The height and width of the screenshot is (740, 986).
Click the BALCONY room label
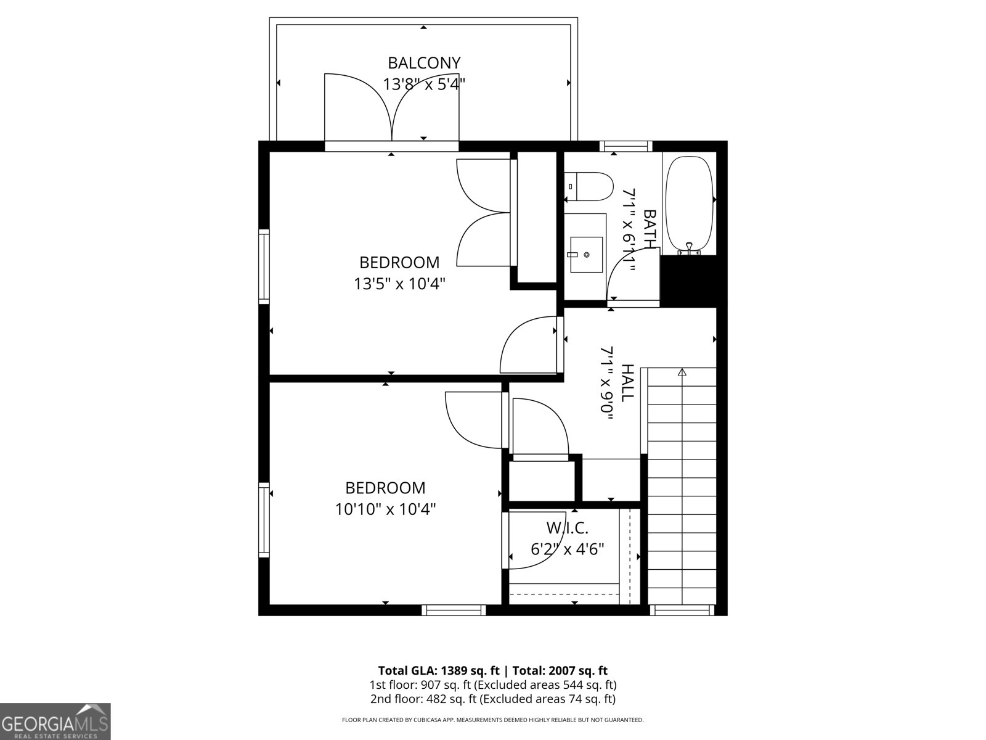424,63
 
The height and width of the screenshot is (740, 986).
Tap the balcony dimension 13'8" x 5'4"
424,84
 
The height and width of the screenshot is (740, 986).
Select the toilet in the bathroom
590,186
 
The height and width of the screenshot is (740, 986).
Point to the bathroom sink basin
586,254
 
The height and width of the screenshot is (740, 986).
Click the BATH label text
650,229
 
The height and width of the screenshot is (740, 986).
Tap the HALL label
627,383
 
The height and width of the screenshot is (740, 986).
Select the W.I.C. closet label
568,528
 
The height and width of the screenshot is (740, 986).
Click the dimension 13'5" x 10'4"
399,284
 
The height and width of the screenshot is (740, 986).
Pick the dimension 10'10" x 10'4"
386,509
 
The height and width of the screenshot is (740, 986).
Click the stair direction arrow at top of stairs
682,372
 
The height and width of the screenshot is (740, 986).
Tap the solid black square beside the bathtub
688,281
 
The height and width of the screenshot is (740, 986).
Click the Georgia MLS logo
55,721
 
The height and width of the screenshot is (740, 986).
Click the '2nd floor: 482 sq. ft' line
493,699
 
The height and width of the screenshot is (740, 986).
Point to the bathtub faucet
689,249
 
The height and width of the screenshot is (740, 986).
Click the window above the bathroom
626,146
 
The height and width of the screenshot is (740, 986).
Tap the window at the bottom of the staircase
682,610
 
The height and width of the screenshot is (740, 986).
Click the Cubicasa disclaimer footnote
493,720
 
